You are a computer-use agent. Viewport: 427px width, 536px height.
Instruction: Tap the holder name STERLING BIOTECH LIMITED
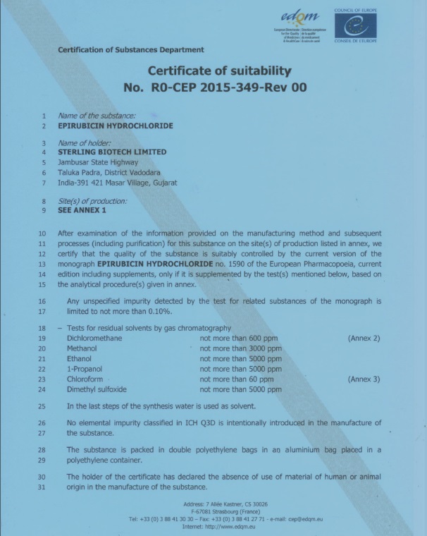click(x=113, y=152)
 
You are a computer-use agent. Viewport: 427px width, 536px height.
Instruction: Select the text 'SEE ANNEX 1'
click(x=82, y=209)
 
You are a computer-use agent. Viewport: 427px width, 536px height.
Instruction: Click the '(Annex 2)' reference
click(x=364, y=339)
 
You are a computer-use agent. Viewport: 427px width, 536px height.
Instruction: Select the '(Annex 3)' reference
click(x=364, y=379)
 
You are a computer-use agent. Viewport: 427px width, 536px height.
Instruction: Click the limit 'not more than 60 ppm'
click(x=236, y=379)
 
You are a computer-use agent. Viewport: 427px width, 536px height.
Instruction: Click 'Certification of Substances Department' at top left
click(x=130, y=49)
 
